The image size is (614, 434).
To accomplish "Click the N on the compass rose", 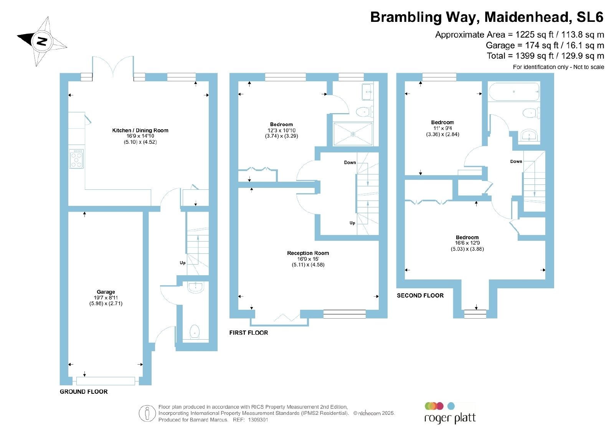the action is click(42, 41).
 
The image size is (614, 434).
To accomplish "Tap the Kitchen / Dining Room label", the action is click(140, 130).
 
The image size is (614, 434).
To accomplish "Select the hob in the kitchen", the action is click(76, 159).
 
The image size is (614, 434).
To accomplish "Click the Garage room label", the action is click(106, 292).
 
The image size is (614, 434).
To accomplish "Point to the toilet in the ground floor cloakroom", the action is click(195, 332).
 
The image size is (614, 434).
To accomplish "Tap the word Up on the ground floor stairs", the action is click(183, 263).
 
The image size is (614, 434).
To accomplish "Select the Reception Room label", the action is click(308, 253).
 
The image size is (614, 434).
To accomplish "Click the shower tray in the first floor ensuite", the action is click(353, 134).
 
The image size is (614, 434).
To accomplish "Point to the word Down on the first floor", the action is click(350, 163).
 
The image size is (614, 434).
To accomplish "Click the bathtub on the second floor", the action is click(514, 92).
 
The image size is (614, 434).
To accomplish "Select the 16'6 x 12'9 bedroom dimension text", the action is click(467, 243).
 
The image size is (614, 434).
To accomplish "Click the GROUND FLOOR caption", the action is click(84, 391).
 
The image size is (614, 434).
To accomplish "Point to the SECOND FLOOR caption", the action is click(420, 296).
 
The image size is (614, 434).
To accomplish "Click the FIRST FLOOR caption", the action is click(249, 333).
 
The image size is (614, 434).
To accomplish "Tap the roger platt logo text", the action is click(450, 418).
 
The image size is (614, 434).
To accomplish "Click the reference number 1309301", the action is click(258, 420).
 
